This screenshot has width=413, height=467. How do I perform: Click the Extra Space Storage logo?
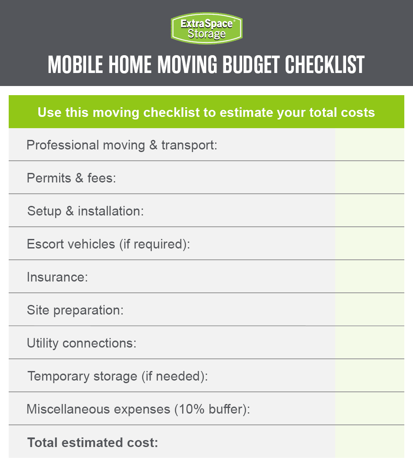[x=206, y=28]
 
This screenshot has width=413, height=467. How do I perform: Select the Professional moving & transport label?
[x=122, y=145]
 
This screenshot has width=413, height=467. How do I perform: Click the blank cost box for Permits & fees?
[x=370, y=178]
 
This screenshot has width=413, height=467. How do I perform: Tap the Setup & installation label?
[x=85, y=211]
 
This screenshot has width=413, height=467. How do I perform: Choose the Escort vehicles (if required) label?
[x=108, y=244]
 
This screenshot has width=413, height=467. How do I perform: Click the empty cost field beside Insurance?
[x=370, y=277]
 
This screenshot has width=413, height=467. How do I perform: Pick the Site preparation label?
[x=75, y=310]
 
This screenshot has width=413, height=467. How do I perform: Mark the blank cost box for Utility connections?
[x=370, y=343]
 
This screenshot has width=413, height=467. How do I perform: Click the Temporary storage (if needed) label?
[x=118, y=376]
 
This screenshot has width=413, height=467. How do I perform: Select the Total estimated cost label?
[x=93, y=443]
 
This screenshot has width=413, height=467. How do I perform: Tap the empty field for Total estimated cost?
[x=370, y=442]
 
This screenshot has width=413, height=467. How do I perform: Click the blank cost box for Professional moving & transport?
[x=370, y=145]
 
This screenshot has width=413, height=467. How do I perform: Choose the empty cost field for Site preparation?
[x=370, y=310]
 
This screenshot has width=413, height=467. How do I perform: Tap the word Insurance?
[x=57, y=277]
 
